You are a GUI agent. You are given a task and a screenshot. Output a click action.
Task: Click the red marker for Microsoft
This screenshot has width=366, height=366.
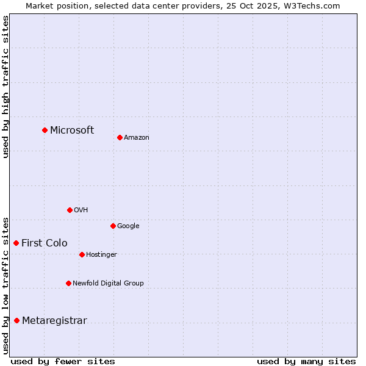(x=45, y=130)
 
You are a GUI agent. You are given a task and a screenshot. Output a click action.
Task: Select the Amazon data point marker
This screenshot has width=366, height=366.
(x=120, y=137)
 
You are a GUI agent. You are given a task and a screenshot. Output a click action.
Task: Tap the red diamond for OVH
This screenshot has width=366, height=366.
(x=70, y=210)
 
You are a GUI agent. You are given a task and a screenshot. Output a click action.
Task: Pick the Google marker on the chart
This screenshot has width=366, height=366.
(x=113, y=226)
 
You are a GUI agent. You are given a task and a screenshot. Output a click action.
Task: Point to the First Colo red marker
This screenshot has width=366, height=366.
(x=16, y=243)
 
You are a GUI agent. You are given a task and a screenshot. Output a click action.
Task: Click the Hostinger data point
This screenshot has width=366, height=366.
(x=82, y=254)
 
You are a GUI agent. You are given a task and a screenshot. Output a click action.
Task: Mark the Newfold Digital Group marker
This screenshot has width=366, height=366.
(x=68, y=283)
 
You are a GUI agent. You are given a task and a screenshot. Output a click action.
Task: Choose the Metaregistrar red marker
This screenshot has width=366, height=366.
(x=16, y=320)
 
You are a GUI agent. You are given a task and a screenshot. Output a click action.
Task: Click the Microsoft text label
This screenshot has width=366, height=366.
(x=72, y=130)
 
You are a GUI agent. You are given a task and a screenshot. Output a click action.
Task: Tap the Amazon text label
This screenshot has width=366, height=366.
(x=137, y=138)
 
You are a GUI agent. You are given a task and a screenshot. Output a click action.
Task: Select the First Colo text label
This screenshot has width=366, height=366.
(x=45, y=243)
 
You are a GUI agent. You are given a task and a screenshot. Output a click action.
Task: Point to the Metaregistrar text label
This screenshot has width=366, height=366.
(x=54, y=321)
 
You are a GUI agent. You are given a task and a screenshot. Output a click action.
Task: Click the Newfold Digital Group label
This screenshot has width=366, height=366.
(x=108, y=283)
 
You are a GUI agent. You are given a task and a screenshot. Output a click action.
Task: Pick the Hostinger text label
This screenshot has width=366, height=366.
(x=101, y=255)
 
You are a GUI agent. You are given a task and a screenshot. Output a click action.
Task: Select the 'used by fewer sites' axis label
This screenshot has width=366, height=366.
(x=63, y=361)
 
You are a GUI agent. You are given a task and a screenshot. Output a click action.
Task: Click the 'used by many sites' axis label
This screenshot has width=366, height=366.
(x=306, y=361)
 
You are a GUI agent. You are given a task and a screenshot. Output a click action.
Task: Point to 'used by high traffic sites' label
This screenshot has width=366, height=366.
(x=6, y=86)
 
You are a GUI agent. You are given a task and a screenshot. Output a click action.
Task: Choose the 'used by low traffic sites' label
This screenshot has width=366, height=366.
(x=6, y=285)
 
